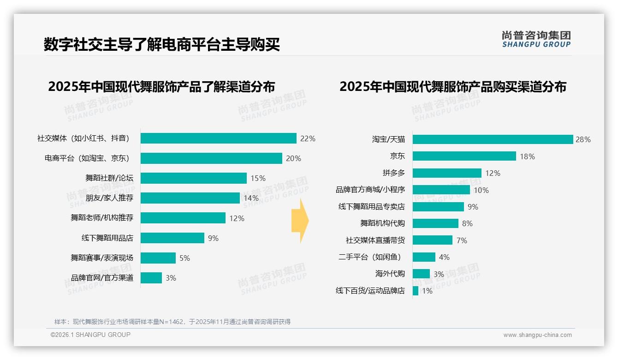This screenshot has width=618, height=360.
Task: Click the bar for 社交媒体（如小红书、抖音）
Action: coord(218,138)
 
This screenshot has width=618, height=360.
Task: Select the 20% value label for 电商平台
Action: coord(293,158)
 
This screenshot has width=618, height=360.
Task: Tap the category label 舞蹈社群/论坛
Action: coord(109,178)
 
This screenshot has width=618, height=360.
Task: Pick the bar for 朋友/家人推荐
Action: coord(190,198)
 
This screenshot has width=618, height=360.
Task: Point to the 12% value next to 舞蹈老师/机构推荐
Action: coord(237,218)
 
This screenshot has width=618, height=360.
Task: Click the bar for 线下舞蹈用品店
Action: coord(172,238)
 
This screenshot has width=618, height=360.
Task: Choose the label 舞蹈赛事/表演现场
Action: coord(102,258)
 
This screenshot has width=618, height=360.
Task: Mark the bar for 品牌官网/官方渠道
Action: coord(151,278)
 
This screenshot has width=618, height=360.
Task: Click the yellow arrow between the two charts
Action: coord(300,221)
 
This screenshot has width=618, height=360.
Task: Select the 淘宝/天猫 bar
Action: coord(493,139)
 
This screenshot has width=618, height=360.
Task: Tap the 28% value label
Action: coord(583,139)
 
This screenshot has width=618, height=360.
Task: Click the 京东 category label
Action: coord(398,156)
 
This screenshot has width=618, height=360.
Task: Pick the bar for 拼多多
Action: coord(447,173)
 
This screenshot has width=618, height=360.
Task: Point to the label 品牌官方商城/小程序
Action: coord(370,190)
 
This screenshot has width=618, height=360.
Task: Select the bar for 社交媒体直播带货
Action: coord(432,240)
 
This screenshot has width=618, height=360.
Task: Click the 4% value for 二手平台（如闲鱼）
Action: coord(444,257)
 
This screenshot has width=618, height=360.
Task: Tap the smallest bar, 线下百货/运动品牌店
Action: coord(416,291)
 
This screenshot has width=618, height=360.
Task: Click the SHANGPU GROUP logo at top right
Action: coord(536,39)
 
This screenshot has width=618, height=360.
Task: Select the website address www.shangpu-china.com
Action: coord(537,335)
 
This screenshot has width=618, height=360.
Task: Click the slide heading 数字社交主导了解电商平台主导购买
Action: coord(162,45)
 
